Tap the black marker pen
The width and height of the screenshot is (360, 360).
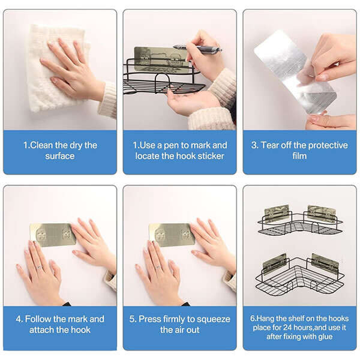point(197,49)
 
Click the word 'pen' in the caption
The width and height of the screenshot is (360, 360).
point(171,146)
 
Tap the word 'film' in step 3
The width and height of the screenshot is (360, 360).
point(299,156)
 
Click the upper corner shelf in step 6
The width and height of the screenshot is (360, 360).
point(300,220)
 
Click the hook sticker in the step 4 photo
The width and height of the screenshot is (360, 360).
point(53,235)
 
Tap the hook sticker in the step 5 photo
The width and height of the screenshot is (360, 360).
point(172,235)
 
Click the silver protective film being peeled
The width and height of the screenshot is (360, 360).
point(295,71)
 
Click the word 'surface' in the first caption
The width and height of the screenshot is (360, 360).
point(59,156)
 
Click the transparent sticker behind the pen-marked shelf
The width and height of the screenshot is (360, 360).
point(161,59)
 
